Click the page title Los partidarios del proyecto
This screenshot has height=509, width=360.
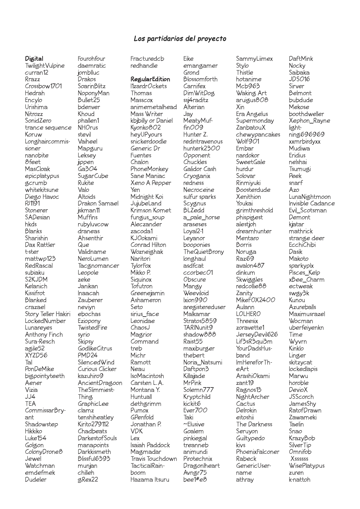[180, 39]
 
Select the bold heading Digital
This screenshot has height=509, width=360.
[34, 59]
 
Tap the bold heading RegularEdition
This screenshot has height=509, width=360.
[150, 79]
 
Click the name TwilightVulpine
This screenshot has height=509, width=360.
[45, 66]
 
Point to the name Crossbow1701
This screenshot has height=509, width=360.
[43, 86]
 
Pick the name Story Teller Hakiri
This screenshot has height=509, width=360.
[48, 314]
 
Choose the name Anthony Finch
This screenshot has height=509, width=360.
[44, 335]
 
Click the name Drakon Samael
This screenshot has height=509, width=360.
[98, 204]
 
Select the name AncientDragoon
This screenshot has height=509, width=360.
[100, 383]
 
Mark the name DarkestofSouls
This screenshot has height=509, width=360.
[97, 438]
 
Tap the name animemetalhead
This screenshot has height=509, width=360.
[154, 107]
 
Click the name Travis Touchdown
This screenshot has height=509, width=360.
[154, 459]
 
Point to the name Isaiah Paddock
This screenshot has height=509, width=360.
[150, 445]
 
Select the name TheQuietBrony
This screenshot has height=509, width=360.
[203, 252]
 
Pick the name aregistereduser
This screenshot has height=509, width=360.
[204, 307]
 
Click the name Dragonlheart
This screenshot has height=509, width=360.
[201, 466]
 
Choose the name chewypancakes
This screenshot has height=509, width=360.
[258, 135]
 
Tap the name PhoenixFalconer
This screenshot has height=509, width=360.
[257, 452]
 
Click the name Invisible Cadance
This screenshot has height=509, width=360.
[312, 204]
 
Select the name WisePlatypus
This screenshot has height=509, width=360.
[306, 466]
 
